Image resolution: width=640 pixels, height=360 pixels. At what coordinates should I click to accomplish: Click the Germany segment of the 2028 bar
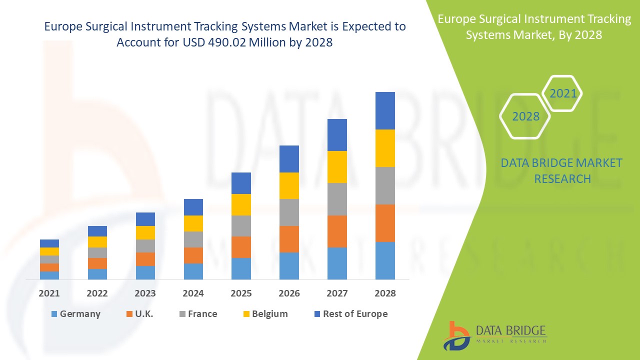tap(385, 260)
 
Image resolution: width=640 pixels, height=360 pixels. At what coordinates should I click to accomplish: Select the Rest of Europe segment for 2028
tap(385, 110)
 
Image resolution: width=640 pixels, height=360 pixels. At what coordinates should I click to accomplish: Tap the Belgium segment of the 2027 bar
tap(337, 167)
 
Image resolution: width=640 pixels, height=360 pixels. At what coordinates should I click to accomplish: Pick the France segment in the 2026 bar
tap(289, 212)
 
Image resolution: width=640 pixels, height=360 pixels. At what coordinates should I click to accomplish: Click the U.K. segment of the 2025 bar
tap(241, 247)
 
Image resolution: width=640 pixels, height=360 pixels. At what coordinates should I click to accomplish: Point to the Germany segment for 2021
tap(49, 275)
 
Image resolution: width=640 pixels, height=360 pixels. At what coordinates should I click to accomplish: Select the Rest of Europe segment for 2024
tap(193, 207)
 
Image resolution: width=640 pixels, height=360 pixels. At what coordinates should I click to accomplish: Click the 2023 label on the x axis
tap(145, 293)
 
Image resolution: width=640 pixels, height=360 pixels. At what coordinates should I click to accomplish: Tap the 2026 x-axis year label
tap(289, 293)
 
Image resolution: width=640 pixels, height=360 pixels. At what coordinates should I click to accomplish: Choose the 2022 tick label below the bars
tap(97, 293)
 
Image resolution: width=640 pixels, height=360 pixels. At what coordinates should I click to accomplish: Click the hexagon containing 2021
tap(562, 93)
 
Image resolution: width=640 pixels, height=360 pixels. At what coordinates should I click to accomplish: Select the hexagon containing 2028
tap(525, 116)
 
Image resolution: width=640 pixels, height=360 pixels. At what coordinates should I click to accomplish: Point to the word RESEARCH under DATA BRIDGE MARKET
tap(562, 178)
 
